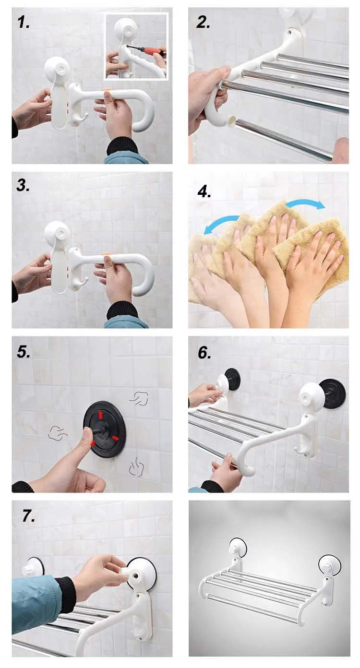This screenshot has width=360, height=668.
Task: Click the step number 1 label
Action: click(23, 23)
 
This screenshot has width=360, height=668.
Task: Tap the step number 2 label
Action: click(203, 23)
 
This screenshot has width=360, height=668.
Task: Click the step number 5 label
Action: click(23, 352)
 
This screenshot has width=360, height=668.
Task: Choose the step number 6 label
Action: click(204, 353)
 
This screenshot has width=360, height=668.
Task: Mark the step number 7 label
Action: click(28, 515)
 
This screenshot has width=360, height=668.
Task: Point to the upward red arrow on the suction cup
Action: click(100, 415)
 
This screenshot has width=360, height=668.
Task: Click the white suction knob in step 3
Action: click(57, 233)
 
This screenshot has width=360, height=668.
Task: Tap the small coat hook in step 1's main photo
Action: click(81, 118)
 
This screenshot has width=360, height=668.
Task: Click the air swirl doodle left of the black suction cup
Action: click(58, 433)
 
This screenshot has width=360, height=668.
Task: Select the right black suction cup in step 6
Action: click(334, 394)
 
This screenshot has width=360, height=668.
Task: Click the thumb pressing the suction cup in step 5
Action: click(87, 439)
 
